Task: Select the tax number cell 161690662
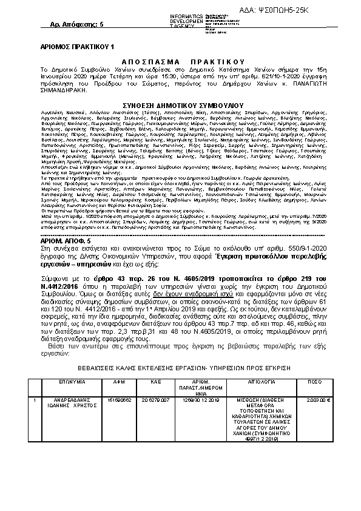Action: [x=119, y=401]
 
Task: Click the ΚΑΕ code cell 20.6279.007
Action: [x=155, y=401]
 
